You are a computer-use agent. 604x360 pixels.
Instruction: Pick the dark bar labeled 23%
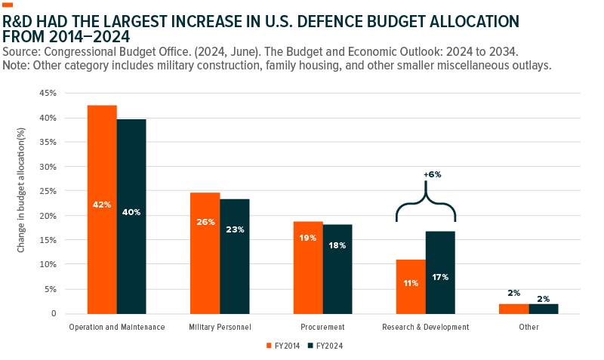(235, 256)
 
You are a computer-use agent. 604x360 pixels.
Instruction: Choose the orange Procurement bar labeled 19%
(308, 267)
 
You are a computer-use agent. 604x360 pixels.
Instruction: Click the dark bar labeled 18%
(337, 269)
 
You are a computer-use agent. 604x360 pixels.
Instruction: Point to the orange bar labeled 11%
(411, 286)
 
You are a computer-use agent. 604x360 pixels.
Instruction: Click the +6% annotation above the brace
(433, 174)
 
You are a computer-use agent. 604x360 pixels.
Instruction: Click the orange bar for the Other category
(513, 308)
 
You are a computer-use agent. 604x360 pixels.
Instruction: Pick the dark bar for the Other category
(544, 308)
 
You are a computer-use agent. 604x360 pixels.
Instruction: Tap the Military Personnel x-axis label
(220, 328)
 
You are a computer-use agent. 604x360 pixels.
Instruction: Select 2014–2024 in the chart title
(89, 35)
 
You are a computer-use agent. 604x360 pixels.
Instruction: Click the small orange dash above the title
(8, 5)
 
